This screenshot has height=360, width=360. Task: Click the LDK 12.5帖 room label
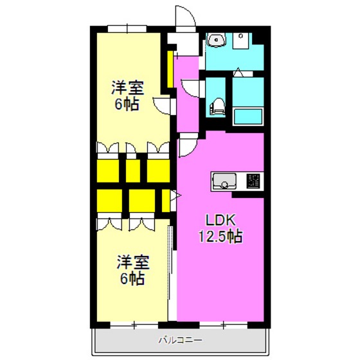(x=221, y=228)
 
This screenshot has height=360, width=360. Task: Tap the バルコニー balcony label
(x=181, y=339)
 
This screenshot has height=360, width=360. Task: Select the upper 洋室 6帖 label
(x=127, y=96)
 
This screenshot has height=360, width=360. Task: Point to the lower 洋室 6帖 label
(x=133, y=270)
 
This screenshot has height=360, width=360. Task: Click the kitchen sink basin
(x=224, y=181)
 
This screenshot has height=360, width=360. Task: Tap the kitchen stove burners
(x=253, y=181)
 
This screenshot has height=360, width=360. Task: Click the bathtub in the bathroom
(x=248, y=116)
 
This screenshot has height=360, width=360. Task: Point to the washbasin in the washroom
(x=216, y=40)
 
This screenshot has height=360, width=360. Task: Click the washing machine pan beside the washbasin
(x=240, y=40)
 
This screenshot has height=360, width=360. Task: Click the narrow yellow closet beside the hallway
(x=170, y=69)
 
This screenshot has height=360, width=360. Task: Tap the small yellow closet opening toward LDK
(x=166, y=201)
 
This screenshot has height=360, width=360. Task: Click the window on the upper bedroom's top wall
(x=127, y=29)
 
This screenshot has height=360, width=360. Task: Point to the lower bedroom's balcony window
(x=134, y=325)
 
